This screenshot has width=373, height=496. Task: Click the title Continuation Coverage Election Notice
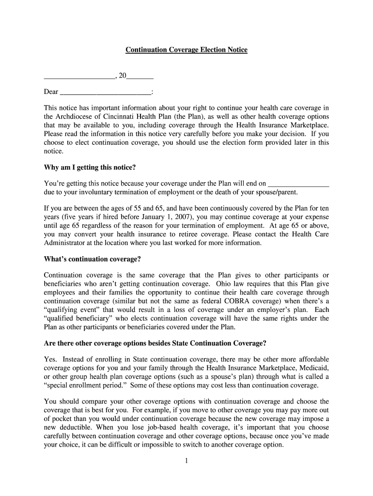(x=186, y=50)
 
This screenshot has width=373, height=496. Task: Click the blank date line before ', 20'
(x=79, y=77)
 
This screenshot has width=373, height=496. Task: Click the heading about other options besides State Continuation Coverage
(x=155, y=343)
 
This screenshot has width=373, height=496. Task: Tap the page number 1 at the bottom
(x=186, y=461)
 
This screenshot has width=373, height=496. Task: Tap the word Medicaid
(x=314, y=368)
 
